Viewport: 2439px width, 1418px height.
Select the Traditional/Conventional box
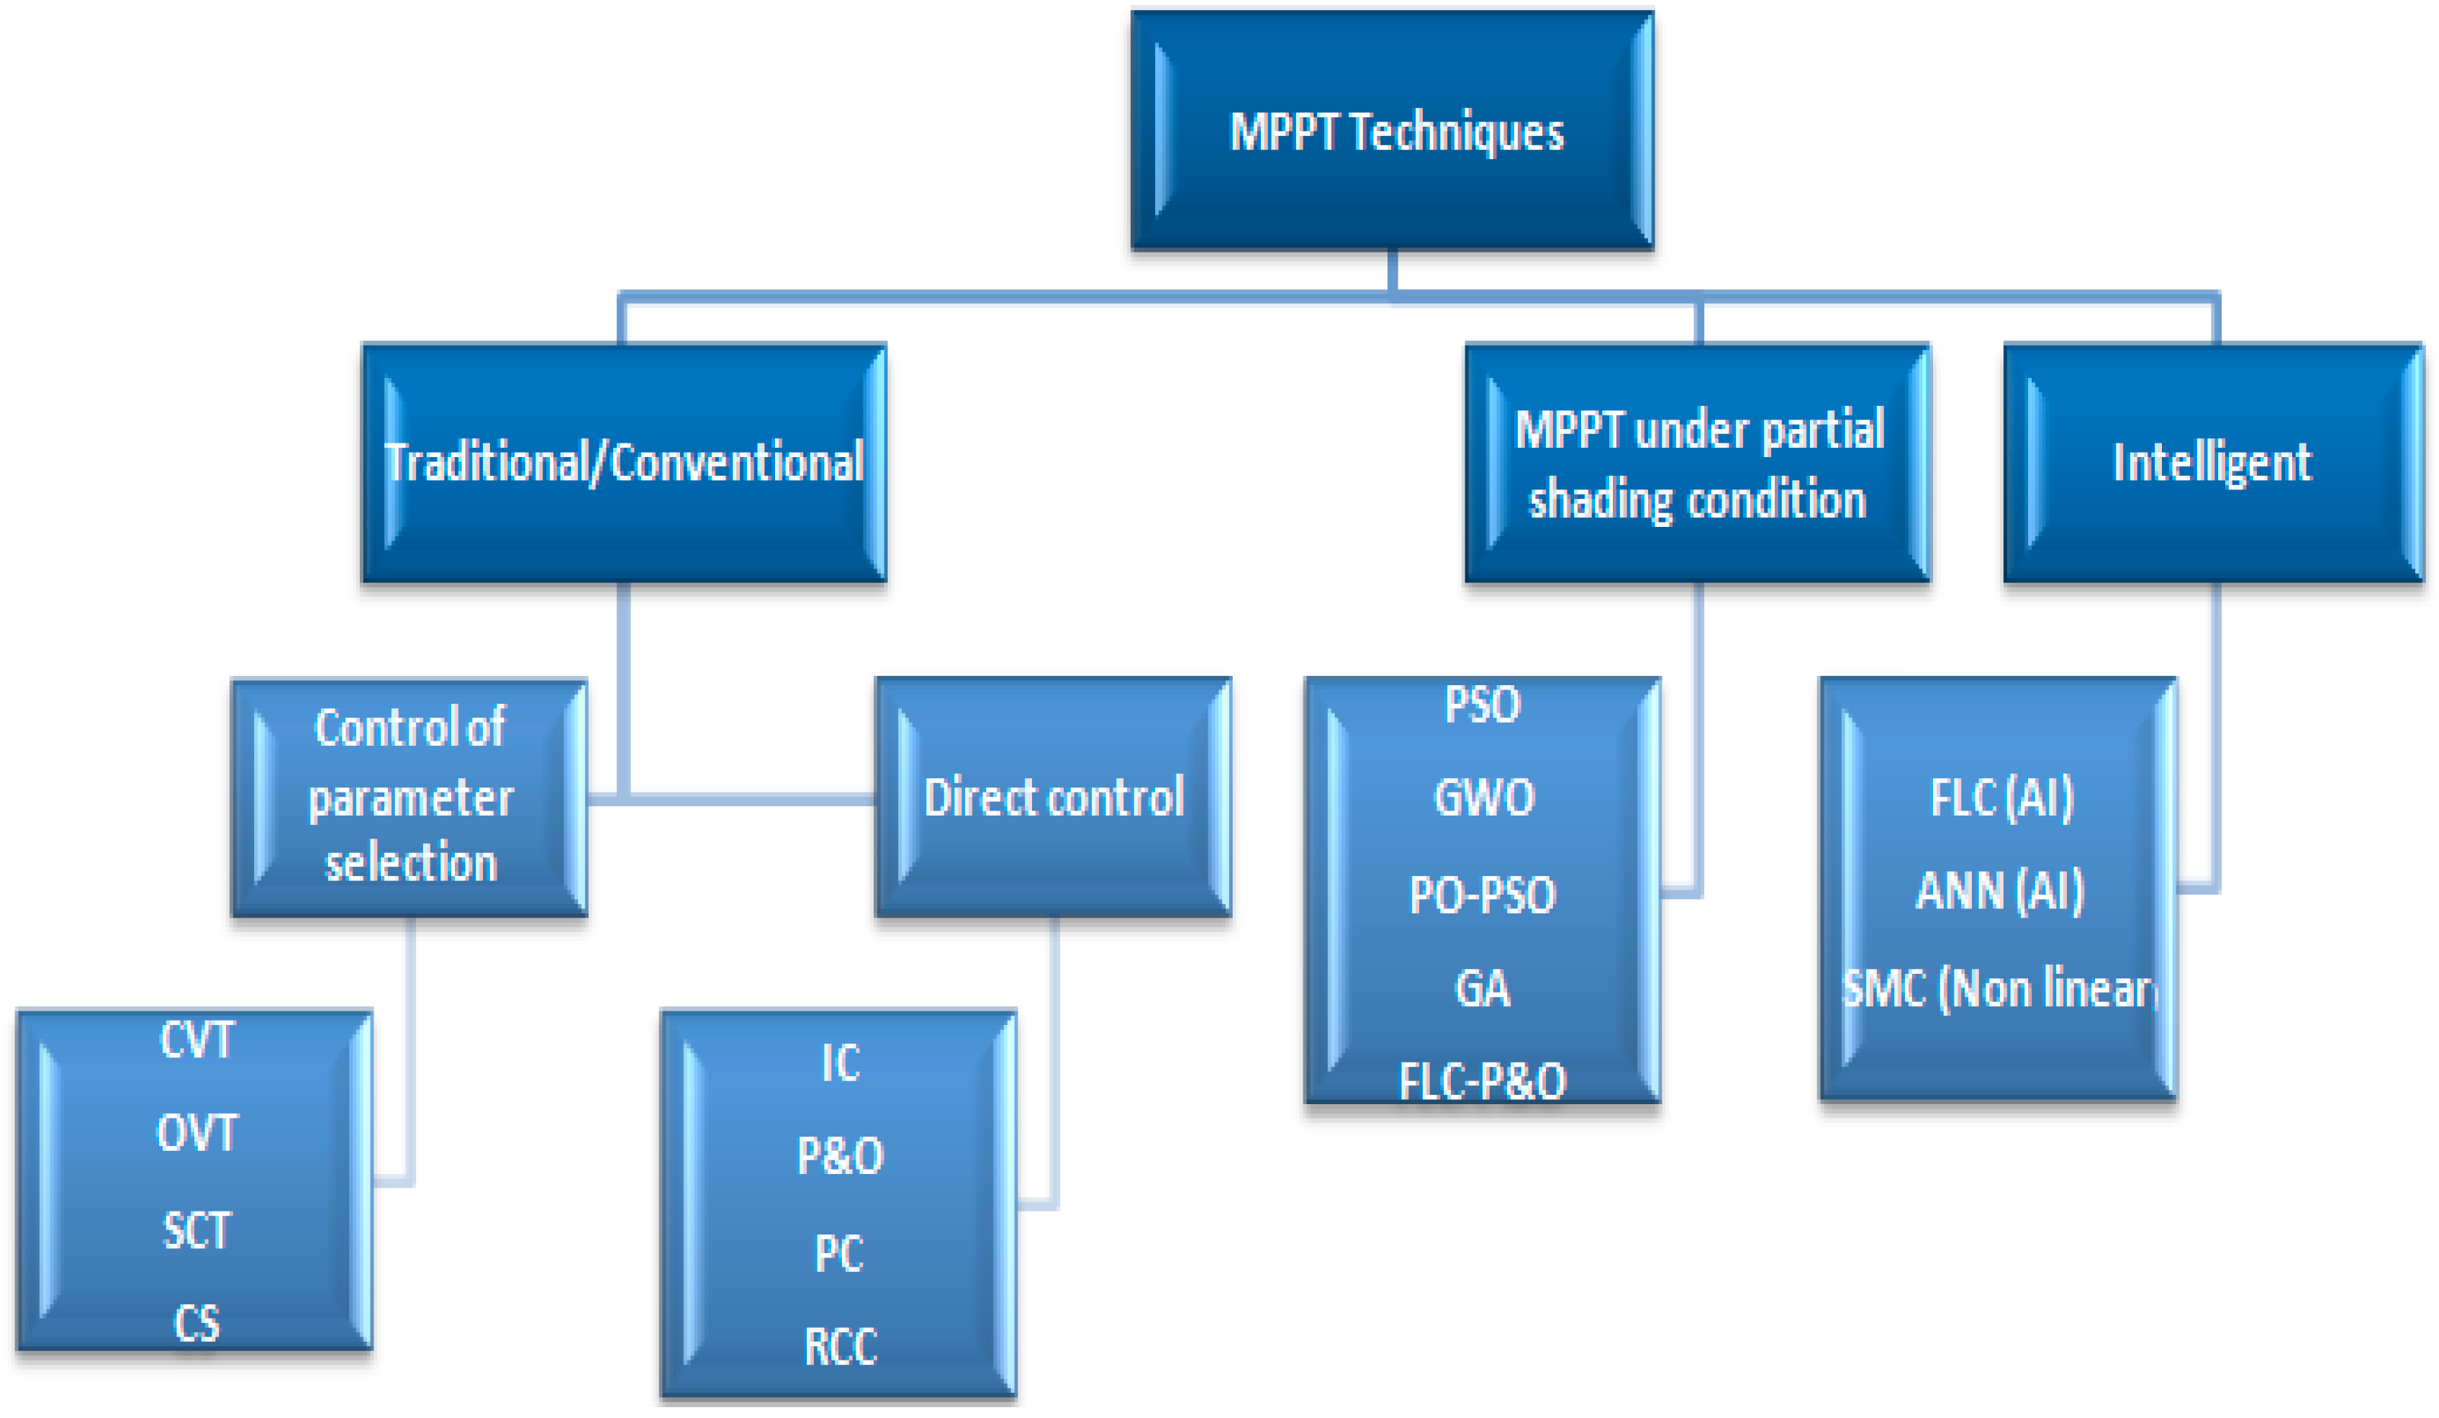click(x=624, y=463)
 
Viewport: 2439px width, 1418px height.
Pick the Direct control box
click(x=1053, y=797)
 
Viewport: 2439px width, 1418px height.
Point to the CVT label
click(x=196, y=1041)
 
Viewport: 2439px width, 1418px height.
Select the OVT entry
click(x=196, y=1132)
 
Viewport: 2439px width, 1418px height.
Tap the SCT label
click(x=196, y=1230)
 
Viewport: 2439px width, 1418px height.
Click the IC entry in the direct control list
click(x=840, y=1062)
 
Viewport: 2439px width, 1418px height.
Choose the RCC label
click(x=840, y=1346)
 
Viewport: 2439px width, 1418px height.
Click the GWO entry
click(x=1483, y=798)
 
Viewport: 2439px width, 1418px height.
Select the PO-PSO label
click(x=1482, y=895)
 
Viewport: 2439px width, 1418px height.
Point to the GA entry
click(x=1482, y=988)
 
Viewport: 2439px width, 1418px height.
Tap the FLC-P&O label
click(x=1482, y=1081)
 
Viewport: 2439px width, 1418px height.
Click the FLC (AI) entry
click(x=2001, y=798)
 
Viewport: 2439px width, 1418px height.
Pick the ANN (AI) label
click(x=1999, y=890)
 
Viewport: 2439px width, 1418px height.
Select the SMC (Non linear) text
click(x=1999, y=988)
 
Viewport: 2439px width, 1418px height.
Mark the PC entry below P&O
click(x=838, y=1253)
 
